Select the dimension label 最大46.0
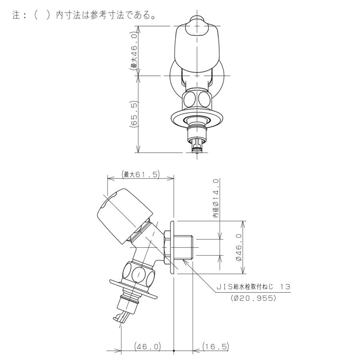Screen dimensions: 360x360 point(134,51)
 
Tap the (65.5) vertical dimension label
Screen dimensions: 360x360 point(134,114)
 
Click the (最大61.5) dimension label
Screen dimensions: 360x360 point(140,174)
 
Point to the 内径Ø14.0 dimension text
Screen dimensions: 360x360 point(216,198)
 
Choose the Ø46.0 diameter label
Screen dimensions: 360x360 point(239,247)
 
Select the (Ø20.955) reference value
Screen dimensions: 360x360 point(253,298)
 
